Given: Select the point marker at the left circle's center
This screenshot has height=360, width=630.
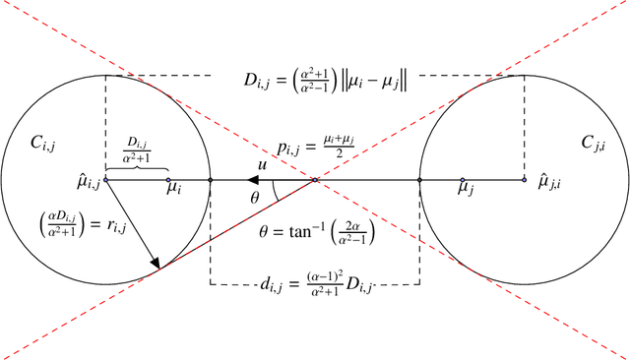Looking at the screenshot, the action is [105, 180].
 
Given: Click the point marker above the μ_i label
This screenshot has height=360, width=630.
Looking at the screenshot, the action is [168, 180].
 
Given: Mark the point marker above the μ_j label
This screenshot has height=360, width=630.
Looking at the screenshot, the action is [462, 180].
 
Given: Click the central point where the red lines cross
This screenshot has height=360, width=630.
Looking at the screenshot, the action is [315, 180].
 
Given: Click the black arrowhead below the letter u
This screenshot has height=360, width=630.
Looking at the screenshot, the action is [253, 180].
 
